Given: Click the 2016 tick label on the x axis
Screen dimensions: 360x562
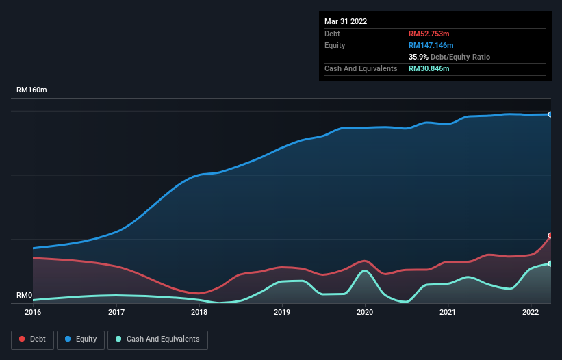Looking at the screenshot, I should [x=33, y=313].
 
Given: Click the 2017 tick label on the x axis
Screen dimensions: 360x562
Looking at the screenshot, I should [x=116, y=313].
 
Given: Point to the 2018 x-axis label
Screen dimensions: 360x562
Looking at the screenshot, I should [x=199, y=313].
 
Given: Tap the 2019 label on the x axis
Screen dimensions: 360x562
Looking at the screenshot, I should [x=282, y=313].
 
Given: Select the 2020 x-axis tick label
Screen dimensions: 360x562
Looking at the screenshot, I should [x=365, y=313].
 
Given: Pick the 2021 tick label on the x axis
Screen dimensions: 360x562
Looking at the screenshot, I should [x=448, y=313].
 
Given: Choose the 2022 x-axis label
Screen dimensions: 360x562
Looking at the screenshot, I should [x=531, y=313].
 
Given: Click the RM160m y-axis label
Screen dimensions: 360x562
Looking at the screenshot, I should [x=32, y=90].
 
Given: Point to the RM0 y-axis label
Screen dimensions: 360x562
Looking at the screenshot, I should [x=24, y=296].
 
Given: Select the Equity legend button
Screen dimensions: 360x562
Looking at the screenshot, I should [x=81, y=339].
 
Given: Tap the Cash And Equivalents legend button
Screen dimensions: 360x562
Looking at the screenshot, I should [x=157, y=339].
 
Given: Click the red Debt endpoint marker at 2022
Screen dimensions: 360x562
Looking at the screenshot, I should [x=550, y=235].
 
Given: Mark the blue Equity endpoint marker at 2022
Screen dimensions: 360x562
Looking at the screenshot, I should [x=550, y=114].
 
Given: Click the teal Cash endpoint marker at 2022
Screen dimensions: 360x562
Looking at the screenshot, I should [x=550, y=263].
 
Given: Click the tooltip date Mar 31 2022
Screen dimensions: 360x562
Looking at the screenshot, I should [x=346, y=21].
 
